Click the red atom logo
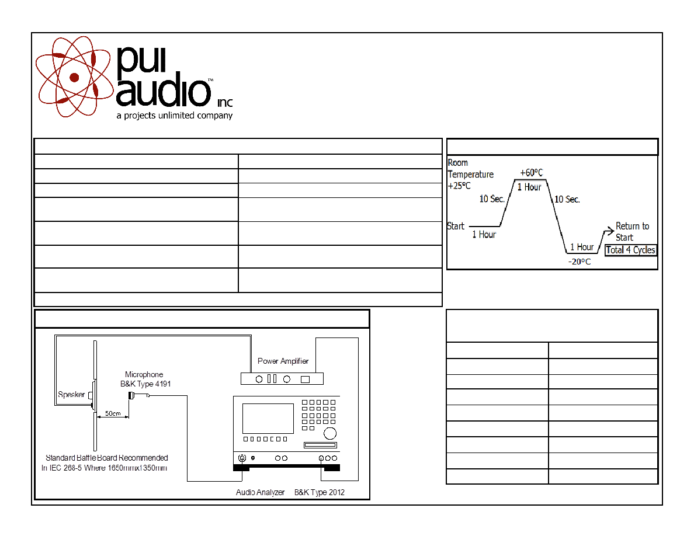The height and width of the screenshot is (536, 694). [74, 78]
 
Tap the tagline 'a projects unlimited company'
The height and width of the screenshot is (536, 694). [175, 116]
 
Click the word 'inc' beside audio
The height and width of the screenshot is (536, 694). [225, 103]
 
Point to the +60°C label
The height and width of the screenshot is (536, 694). [531, 172]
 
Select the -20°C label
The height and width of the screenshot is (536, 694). [580, 262]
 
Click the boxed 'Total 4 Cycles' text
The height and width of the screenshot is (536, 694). [630, 250]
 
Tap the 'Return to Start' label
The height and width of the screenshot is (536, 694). [632, 232]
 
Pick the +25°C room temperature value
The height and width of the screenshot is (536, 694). [459, 186]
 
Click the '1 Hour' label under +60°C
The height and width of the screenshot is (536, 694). [529, 187]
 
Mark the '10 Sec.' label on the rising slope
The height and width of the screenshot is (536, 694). [492, 199]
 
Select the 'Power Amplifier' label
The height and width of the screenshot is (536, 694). [283, 361]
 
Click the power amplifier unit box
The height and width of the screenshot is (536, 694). [282, 379]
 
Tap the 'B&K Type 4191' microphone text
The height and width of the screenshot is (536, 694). [145, 384]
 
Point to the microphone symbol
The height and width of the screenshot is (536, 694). [131, 395]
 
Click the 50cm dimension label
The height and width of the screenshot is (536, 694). [113, 413]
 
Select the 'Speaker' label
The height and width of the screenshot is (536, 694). [71, 394]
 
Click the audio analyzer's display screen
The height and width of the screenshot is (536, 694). [268, 419]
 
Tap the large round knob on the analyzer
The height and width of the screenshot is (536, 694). [330, 433]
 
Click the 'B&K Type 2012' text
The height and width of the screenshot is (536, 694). [319, 492]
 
